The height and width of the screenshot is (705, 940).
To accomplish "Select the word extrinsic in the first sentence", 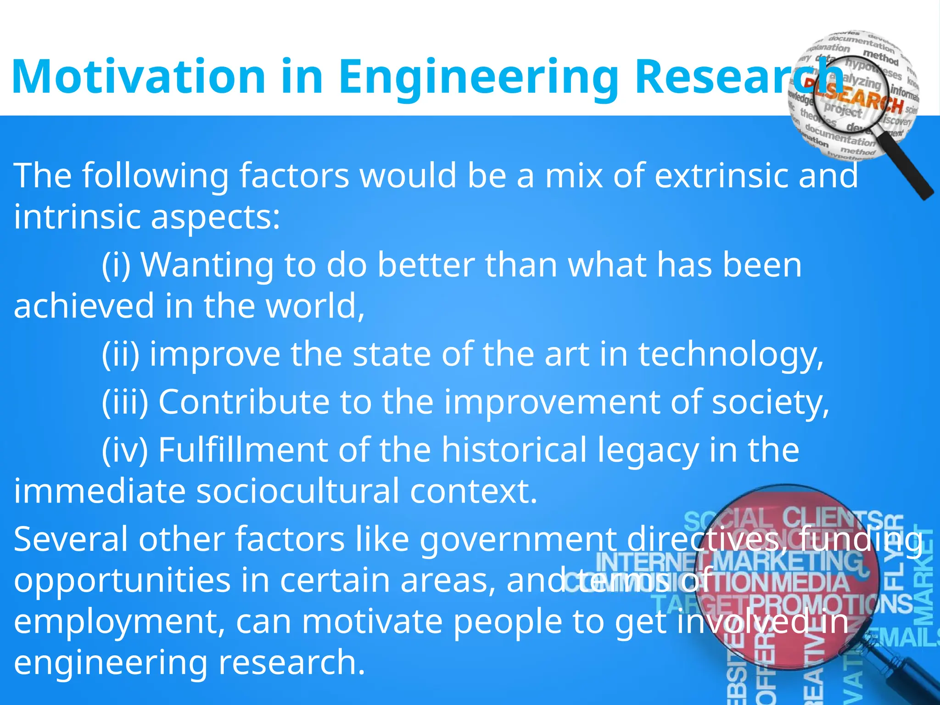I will pyautogui.click(x=721, y=175).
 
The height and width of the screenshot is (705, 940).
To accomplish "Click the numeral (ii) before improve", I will pyautogui.click(x=120, y=354).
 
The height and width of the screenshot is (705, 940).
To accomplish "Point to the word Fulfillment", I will pyautogui.click(x=243, y=450).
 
